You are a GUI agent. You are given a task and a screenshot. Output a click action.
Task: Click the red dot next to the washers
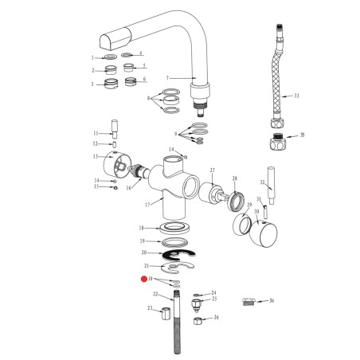pos(144,280)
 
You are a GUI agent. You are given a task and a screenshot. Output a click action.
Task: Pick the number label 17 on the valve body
pos(147,204)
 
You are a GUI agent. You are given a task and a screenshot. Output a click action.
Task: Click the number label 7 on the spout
pos(168,78)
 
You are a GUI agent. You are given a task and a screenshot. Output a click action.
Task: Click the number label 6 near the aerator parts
pos(144,79)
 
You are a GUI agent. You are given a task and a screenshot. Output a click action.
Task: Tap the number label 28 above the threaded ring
pos(234,178)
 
